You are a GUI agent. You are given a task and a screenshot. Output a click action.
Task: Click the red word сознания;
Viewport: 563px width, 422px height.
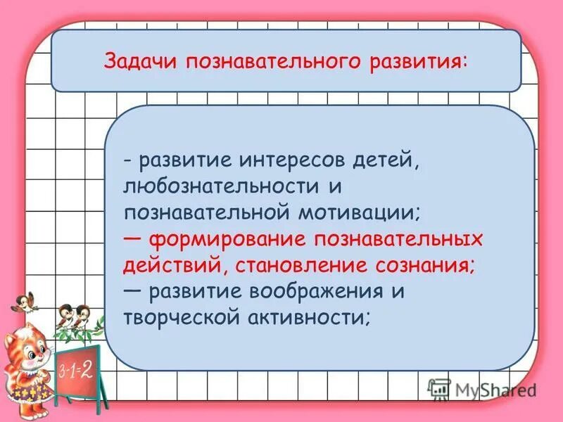click(x=424, y=265)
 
